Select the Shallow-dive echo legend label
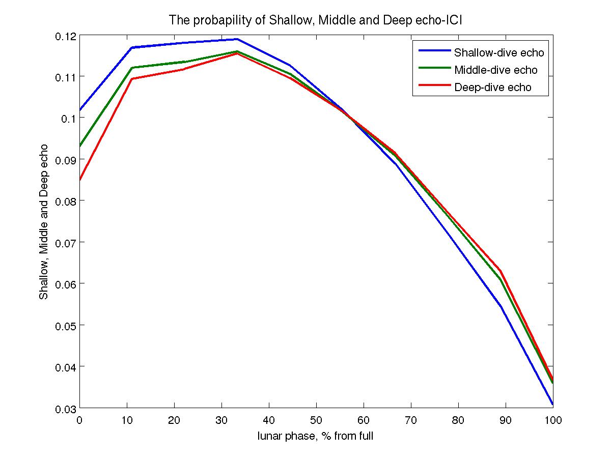pos(495,52)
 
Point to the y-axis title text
pos(44,222)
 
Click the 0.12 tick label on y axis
pos(67,36)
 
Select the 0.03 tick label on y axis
pos(67,408)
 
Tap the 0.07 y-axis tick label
pos(67,242)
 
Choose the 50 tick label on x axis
pos(316,421)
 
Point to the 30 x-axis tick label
pos(221,421)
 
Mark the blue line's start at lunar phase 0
pos(80,110)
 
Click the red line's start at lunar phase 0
pos(80,180)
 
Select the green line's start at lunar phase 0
pos(80,146)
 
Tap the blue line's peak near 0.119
pos(237,39)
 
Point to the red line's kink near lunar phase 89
pos(501,271)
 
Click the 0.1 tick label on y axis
pos(69,118)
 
